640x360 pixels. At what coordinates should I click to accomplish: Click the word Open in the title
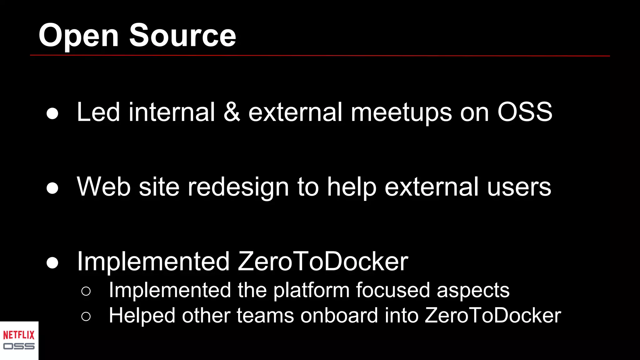click(x=78, y=36)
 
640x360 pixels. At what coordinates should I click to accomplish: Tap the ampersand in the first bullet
click(x=232, y=112)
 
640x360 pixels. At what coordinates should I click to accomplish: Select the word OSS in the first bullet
click(x=525, y=112)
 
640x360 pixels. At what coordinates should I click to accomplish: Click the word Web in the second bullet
click(x=103, y=187)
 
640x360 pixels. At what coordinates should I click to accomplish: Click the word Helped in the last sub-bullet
click(x=142, y=315)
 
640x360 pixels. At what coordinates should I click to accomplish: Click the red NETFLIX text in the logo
click(x=19, y=335)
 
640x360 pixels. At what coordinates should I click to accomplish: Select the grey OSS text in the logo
click(x=19, y=346)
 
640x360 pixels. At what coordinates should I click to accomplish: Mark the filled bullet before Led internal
click(x=52, y=113)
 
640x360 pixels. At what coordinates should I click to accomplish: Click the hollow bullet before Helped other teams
click(x=86, y=317)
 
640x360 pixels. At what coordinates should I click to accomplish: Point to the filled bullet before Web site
click(x=52, y=188)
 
